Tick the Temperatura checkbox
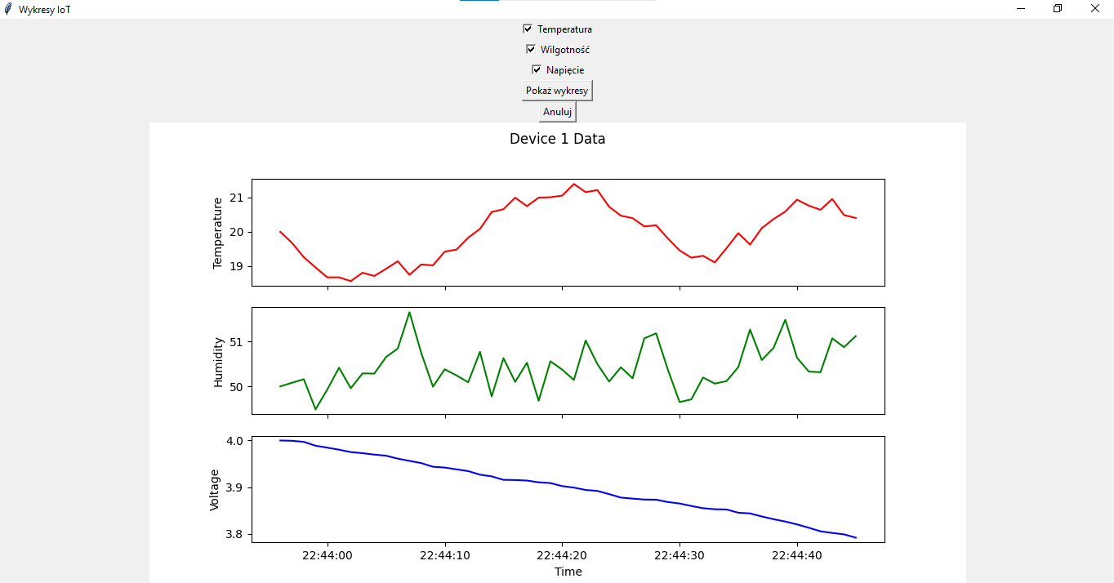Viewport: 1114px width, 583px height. (528, 29)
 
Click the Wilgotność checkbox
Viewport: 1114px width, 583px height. (531, 49)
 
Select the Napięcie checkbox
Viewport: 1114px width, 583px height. (536, 69)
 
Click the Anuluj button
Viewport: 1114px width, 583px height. (557, 112)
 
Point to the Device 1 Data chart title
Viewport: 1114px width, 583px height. (557, 139)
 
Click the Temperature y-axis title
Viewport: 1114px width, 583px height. (217, 233)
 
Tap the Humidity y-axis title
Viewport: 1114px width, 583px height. (218, 362)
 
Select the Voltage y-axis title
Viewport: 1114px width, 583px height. (214, 490)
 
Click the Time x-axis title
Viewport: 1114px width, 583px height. (568, 572)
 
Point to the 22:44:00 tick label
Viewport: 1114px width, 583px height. (328, 556)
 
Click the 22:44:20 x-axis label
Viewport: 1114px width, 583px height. (562, 556)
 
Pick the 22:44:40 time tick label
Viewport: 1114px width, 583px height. (797, 556)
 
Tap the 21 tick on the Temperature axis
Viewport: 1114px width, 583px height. (237, 198)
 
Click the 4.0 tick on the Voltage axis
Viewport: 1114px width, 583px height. (234, 441)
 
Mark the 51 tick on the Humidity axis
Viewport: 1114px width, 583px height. (237, 342)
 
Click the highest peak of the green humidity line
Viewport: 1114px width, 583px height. (409, 312)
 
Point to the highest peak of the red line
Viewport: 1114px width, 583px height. (574, 184)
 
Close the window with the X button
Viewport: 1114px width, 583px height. (1095, 8)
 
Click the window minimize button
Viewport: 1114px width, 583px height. (1021, 8)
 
